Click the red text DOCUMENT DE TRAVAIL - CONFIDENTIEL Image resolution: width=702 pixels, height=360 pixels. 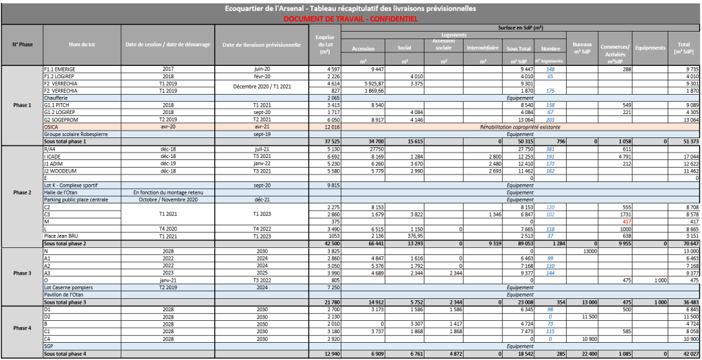(350, 19)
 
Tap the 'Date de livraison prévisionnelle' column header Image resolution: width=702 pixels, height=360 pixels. (262, 45)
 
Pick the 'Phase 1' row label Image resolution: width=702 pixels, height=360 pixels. (22, 104)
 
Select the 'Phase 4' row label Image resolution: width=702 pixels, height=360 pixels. (22, 328)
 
